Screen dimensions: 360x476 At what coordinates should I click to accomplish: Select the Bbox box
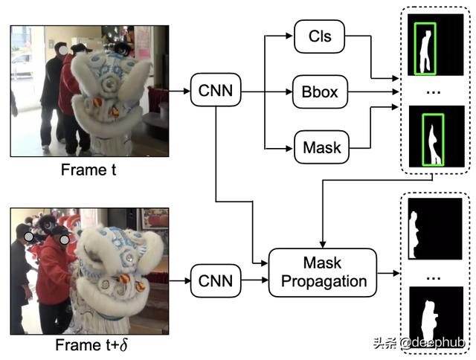click(x=321, y=91)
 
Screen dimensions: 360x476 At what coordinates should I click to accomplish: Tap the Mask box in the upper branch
click(x=321, y=147)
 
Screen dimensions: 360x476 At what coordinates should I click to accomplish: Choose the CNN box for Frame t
click(x=215, y=91)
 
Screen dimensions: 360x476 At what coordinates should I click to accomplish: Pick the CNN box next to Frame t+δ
click(x=215, y=281)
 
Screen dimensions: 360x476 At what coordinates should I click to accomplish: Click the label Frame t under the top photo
click(x=89, y=170)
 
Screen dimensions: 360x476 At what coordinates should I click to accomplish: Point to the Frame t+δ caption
click(x=89, y=345)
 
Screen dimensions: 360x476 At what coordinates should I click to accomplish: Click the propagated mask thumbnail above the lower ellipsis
click(x=436, y=228)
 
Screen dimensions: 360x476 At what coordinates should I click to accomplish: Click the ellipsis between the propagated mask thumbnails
click(x=436, y=274)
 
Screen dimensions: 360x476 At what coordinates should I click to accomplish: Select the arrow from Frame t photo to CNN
click(x=179, y=91)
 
